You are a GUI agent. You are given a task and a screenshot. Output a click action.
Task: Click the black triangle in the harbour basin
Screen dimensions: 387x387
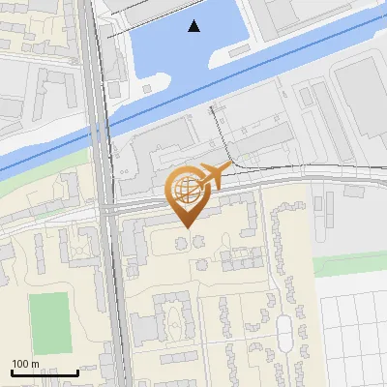click(x=194, y=26)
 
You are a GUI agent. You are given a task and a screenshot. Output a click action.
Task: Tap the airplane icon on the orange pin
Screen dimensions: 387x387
click(x=214, y=176)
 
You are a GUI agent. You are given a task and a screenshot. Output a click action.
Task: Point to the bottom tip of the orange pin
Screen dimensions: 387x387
click(x=185, y=227)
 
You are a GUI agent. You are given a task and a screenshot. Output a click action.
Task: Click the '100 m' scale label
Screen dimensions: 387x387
click(x=24, y=364)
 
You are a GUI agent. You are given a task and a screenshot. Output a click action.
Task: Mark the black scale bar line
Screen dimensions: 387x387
click(x=45, y=372)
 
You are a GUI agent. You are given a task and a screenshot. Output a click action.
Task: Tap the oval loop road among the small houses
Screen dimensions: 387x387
click(x=283, y=334)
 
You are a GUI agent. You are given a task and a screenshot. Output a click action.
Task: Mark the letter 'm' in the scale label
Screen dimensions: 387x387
click(x=36, y=364)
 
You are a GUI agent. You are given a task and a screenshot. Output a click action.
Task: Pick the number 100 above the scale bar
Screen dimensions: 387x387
click(x=19, y=364)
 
